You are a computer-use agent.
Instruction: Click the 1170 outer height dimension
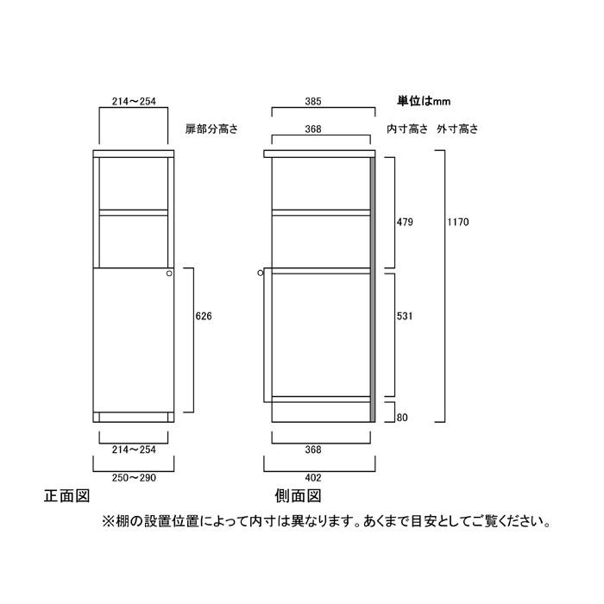pyautogui.click(x=457, y=222)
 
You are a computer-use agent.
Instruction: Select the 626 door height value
pyautogui.click(x=204, y=316)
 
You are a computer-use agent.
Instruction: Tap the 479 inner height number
pyautogui.click(x=405, y=222)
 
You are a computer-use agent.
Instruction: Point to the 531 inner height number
pyautogui.click(x=405, y=316)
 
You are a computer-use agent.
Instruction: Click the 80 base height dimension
pyautogui.click(x=402, y=418)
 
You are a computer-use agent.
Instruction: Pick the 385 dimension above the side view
pyautogui.click(x=312, y=101)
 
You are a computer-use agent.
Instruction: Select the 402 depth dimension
pyautogui.click(x=312, y=478)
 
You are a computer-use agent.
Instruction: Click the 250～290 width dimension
pyautogui.click(x=134, y=478)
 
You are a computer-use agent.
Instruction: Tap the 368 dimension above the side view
pyautogui.click(x=312, y=129)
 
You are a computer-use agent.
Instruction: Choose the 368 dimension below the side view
pyautogui.click(x=312, y=450)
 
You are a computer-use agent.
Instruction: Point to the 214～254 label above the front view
pyautogui.click(x=134, y=101)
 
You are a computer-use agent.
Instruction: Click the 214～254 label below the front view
pyautogui.click(x=134, y=450)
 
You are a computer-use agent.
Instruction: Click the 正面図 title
pyautogui.click(x=67, y=496)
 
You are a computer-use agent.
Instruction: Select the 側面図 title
pyautogui.click(x=298, y=496)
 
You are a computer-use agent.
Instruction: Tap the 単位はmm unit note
pyautogui.click(x=424, y=101)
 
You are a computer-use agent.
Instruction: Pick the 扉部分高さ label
pyautogui.click(x=211, y=129)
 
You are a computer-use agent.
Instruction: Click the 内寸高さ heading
pyautogui.click(x=407, y=129)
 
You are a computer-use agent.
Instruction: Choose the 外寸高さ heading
pyautogui.click(x=457, y=129)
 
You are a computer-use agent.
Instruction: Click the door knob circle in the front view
pyautogui.click(x=169, y=274)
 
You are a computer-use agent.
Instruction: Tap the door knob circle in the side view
pyautogui.click(x=261, y=274)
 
